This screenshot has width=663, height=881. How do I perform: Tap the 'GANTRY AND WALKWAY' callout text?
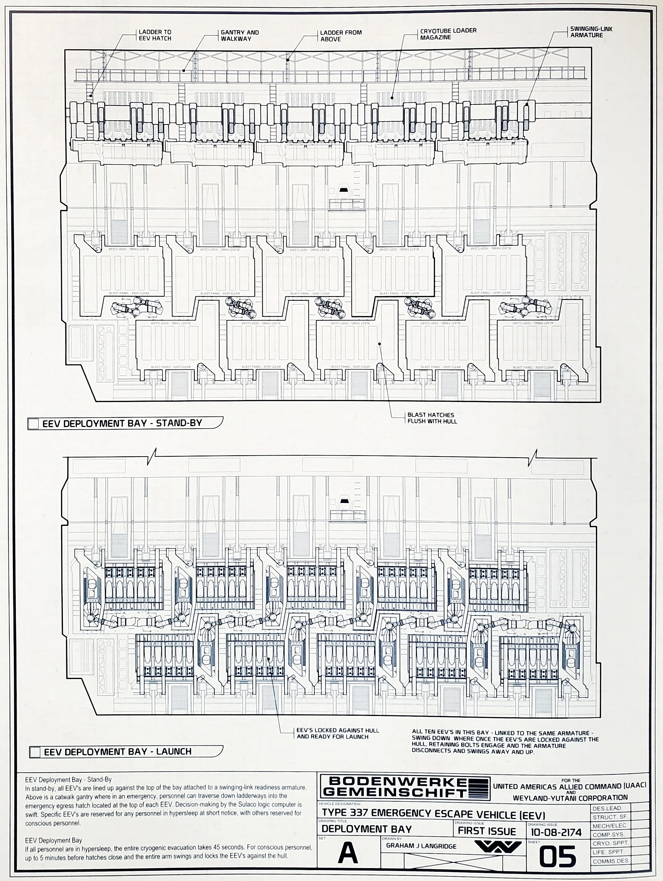239,35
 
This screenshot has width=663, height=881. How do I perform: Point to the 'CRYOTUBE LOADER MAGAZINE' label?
448,34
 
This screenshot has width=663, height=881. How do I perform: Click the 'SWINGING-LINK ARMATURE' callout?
591,32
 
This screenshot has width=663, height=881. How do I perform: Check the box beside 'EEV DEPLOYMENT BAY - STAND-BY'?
33,424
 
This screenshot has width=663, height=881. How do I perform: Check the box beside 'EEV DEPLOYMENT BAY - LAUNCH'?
35,752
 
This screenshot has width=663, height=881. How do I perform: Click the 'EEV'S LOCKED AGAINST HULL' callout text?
338,734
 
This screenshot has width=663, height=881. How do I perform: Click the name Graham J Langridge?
421,846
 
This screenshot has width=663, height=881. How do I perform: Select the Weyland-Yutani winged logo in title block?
498,847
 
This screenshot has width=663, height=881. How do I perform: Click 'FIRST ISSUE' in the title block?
487,831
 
